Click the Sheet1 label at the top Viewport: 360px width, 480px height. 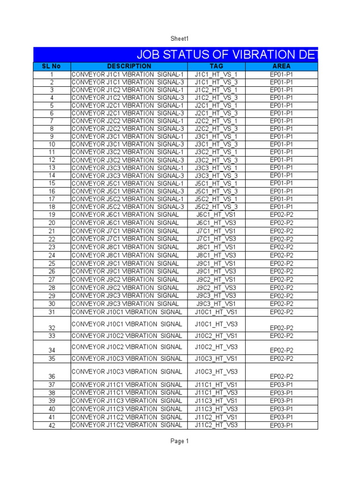(x=180, y=38)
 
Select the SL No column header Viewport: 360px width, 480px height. (x=52, y=66)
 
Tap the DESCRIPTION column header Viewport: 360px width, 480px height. (x=129, y=66)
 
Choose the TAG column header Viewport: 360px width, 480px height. (x=217, y=66)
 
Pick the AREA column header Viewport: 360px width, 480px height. (x=281, y=66)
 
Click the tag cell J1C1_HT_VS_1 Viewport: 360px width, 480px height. (x=217, y=74)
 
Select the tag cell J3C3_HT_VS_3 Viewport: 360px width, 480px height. (x=217, y=176)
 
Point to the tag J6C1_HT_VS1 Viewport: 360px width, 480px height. (x=217, y=215)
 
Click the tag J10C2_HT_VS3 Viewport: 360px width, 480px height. (x=217, y=347)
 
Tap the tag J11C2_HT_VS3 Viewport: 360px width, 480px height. (x=217, y=425)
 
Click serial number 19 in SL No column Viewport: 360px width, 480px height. (x=52, y=215)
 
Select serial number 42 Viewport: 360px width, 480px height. (x=52, y=426)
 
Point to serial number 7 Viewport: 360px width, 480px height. (x=52, y=121)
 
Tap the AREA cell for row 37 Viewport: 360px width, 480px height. (x=281, y=385)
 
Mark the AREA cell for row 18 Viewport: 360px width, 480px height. (x=281, y=207)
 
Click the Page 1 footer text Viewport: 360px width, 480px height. (x=180, y=441)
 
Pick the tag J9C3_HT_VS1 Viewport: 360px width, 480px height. (x=217, y=304)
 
